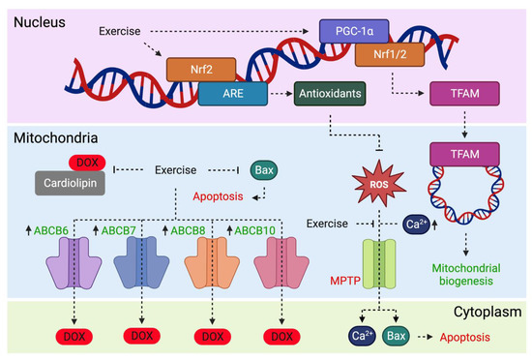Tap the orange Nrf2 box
(x=201, y=69)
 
